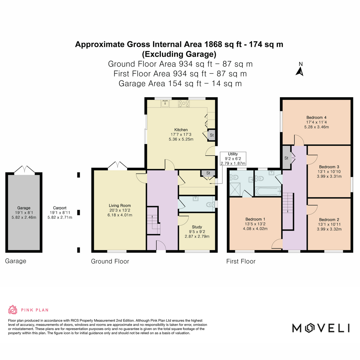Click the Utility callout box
click(x=233, y=159)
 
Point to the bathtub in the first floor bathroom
click(x=268, y=191)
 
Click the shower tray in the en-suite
click(x=235, y=189)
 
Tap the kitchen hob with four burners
click(x=184, y=104)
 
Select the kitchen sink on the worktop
click(x=165, y=103)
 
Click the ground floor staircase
click(x=154, y=224)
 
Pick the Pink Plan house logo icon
click(x=13, y=310)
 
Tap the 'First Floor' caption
click(x=241, y=261)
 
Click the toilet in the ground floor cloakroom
click(x=210, y=205)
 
